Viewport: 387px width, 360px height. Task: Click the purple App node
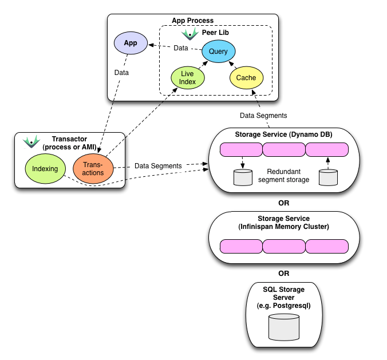[131, 43]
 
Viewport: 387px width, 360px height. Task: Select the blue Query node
[218, 52]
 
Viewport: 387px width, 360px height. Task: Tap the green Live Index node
[187, 78]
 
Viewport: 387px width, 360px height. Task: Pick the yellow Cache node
[246, 78]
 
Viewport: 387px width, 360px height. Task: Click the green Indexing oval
[45, 169]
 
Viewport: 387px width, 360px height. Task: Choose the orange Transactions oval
[93, 169]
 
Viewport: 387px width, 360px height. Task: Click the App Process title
[192, 21]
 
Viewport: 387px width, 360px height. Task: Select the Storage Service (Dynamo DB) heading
[283, 135]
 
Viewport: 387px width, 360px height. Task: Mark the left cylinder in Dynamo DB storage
[243, 177]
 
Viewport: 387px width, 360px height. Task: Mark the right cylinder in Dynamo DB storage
[327, 177]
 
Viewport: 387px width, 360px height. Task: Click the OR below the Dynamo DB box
[283, 203]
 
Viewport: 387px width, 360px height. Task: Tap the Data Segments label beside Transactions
[158, 166]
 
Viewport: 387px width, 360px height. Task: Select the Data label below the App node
[121, 73]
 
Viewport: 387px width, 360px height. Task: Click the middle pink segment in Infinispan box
[283, 247]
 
